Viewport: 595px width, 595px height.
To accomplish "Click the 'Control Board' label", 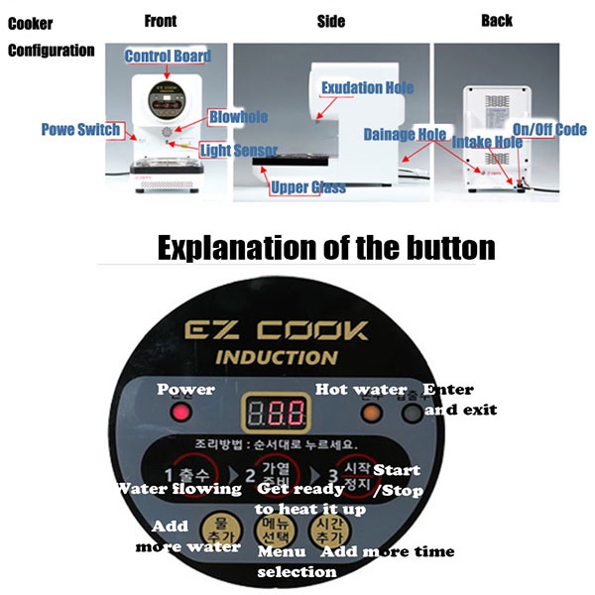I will coord(168,56).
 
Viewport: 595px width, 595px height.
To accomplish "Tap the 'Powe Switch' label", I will coord(80,129).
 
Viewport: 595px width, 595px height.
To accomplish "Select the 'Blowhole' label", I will coord(238,117).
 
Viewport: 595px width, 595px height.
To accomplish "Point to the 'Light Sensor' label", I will coord(236,150).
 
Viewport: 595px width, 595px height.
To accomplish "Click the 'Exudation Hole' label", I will coord(366,87).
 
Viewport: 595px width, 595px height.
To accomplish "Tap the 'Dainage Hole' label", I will coord(405,134).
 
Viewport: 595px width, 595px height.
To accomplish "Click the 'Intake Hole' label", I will coord(487,142).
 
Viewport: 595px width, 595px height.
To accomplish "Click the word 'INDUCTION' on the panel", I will coord(277,358).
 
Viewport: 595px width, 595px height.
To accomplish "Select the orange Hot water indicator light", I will coord(370,410).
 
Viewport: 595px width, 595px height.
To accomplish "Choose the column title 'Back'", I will coord(497,20).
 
